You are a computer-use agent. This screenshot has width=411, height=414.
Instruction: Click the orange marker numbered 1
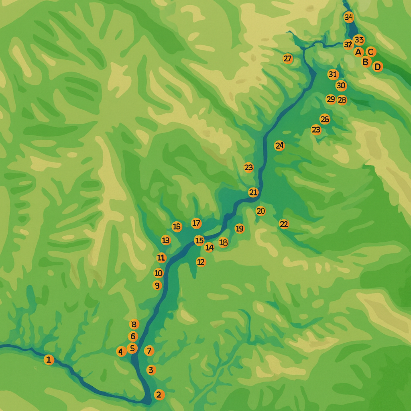click(x=49, y=360)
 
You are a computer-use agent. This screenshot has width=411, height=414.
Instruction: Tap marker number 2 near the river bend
click(x=159, y=395)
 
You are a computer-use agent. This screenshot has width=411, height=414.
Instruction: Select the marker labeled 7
click(x=149, y=351)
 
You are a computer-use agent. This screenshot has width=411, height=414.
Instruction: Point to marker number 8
click(x=134, y=324)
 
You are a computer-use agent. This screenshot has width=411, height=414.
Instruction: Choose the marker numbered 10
click(x=159, y=273)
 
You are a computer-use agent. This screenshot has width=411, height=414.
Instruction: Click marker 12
click(x=201, y=262)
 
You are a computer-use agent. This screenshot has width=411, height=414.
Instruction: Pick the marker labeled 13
click(x=165, y=241)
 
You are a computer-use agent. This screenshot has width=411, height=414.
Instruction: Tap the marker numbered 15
click(x=199, y=241)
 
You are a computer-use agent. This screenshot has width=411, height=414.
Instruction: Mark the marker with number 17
click(x=196, y=223)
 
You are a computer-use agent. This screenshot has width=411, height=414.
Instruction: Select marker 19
click(x=239, y=228)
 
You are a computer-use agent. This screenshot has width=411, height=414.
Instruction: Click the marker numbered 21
click(x=253, y=192)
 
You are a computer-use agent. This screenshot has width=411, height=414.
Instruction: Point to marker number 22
click(x=284, y=224)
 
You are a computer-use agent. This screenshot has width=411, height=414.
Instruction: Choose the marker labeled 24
click(x=279, y=146)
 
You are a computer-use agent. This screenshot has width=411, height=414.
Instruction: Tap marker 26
click(x=325, y=119)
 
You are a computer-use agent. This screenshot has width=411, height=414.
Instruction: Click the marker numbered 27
click(x=287, y=59)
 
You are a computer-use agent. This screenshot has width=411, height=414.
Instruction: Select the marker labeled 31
click(x=332, y=74)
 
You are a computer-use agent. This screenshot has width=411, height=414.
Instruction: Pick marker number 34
click(x=348, y=17)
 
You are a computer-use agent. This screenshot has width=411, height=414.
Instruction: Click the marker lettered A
click(x=358, y=52)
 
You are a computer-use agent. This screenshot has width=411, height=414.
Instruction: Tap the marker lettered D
click(x=377, y=67)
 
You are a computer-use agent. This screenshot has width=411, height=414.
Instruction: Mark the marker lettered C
click(x=371, y=52)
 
